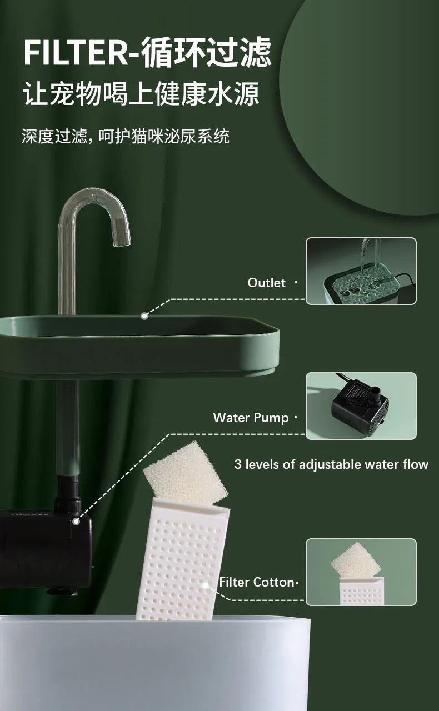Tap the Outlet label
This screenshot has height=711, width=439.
(x=266, y=283)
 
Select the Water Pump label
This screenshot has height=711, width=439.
(x=251, y=418)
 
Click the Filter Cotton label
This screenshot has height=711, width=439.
(x=256, y=582)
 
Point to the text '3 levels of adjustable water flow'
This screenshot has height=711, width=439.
(x=331, y=464)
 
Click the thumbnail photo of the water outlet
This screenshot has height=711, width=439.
(x=361, y=271)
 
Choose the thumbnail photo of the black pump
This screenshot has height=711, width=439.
(x=361, y=405)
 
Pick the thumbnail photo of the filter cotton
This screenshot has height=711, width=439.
(x=361, y=572)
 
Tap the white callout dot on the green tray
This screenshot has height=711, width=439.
(x=144, y=316)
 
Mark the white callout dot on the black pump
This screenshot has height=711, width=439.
(x=76, y=521)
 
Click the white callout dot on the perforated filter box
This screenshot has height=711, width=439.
(x=205, y=585)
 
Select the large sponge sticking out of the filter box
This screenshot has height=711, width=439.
(x=184, y=472)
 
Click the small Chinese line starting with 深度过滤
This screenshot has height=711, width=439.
(x=126, y=137)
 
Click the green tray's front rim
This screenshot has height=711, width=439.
(x=139, y=350)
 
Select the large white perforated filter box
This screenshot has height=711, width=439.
(x=178, y=561)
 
